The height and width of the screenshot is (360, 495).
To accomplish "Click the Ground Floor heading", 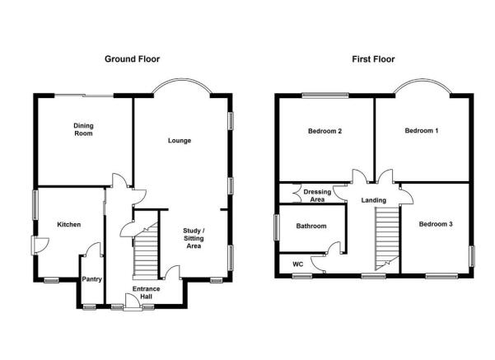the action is [132, 59].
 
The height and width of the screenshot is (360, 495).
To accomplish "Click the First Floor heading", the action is [373, 59].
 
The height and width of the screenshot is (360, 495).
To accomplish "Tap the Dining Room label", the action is [83, 129].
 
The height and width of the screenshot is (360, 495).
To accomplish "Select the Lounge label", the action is [180, 141].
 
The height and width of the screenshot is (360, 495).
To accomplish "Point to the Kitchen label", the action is [69, 225].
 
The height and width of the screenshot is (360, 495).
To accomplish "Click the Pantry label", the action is [92, 279].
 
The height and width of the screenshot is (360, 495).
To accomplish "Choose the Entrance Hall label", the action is [146, 292].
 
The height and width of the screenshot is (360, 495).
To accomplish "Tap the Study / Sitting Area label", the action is [194, 238].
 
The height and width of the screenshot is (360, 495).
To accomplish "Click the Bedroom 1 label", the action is [422, 130].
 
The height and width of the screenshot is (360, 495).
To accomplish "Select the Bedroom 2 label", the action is [325, 131].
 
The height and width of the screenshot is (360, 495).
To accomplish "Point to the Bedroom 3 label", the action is [436, 224].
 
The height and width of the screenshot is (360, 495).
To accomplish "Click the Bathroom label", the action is [311, 226].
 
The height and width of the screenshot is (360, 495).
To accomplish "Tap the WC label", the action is [297, 264].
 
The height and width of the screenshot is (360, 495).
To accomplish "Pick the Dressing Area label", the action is [317, 195].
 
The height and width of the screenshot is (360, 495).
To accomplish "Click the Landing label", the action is [374, 200].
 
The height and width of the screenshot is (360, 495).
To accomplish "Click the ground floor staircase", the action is [146, 251].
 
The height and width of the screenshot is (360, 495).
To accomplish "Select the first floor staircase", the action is [387, 238].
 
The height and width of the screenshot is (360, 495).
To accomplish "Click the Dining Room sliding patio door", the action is [84, 95].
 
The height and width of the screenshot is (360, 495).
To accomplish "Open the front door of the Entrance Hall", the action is [133, 302].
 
